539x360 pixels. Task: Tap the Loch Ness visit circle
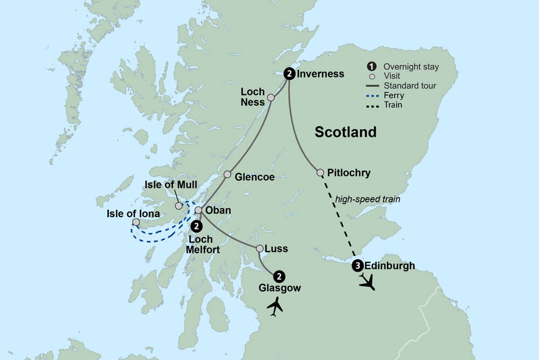pyautogui.click(x=271, y=98)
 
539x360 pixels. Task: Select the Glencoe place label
pyautogui.click(x=255, y=177)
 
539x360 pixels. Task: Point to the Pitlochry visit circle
pyautogui.click(x=321, y=173)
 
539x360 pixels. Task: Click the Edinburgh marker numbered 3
pyautogui.click(x=357, y=266)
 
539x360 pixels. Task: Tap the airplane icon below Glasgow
pyautogui.click(x=275, y=307)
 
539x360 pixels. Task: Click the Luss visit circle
pyautogui.click(x=260, y=249)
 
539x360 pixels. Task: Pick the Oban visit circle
pyautogui.click(x=198, y=210)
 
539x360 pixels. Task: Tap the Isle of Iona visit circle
pyautogui.click(x=136, y=222)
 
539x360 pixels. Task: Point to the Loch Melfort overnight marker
pyautogui.click(x=197, y=226)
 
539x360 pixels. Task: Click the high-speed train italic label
pyautogui.click(x=368, y=199)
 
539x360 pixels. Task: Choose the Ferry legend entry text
pyautogui.click(x=394, y=96)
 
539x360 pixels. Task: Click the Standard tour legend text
pyautogui.click(x=410, y=86)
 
